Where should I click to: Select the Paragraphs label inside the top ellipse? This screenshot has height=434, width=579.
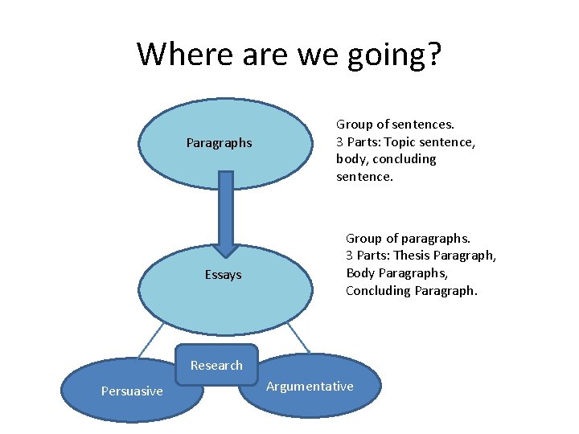(x=219, y=143)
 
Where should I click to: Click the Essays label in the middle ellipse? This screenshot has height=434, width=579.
(x=223, y=275)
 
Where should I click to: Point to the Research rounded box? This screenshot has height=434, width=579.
(x=216, y=365)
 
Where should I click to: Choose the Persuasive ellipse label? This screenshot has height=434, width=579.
(x=132, y=391)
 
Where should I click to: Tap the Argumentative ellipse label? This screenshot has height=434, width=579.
(x=310, y=387)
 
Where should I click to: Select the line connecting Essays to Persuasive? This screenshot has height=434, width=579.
(x=150, y=342)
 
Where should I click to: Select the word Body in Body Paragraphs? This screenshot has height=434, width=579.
(x=359, y=273)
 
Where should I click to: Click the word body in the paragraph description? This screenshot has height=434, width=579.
(x=351, y=159)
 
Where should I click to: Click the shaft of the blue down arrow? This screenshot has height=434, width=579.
(x=226, y=201)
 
